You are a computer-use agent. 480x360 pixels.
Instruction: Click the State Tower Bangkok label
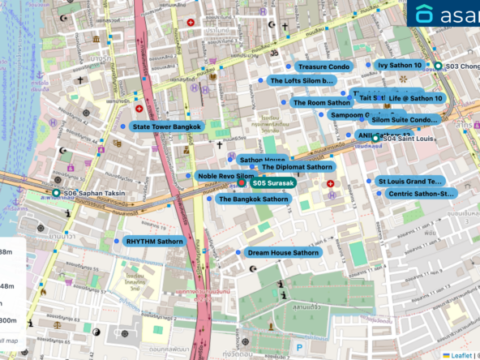tap(166, 127)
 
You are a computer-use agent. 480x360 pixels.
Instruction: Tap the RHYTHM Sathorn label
tap(154, 242)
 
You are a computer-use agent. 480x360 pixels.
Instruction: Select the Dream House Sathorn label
tap(282, 253)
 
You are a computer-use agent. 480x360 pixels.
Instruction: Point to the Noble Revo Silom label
tap(225, 176)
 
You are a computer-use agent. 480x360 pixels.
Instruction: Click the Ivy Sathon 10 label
tap(400, 65)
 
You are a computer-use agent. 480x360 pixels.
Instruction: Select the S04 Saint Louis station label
tap(407, 139)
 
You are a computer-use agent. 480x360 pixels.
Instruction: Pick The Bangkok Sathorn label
tap(253, 199)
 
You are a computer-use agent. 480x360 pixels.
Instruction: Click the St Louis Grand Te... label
tap(409, 182)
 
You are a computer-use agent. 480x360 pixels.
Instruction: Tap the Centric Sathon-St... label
tap(420, 194)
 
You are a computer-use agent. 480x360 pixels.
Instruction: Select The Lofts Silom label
tap(302, 81)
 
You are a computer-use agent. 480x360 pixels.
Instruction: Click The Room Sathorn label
tap(321, 103)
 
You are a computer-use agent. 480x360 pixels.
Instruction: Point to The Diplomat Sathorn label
tap(296, 167)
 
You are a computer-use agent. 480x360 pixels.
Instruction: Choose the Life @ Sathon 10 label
tap(415, 98)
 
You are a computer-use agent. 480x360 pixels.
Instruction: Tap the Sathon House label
tap(261, 160)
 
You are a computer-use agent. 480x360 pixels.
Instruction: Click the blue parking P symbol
tap(298, 349)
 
